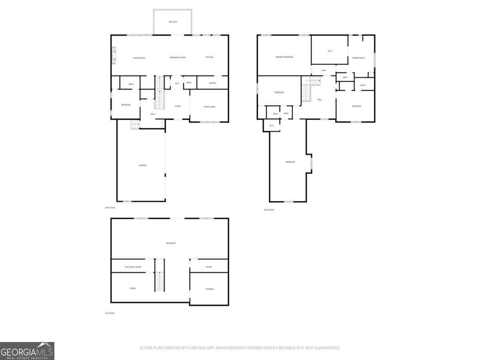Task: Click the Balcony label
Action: point(173,22)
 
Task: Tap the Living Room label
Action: point(139,58)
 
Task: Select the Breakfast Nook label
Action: point(178,58)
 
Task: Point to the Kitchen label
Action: point(209,57)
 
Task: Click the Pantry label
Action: point(212,83)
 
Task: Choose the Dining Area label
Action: point(210,107)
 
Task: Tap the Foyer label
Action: point(178,106)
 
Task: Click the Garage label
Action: point(142,165)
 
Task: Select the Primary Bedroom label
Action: point(284,57)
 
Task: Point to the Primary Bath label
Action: point(358,58)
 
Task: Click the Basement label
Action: point(171,243)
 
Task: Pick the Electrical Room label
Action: point(133,267)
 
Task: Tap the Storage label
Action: point(210,289)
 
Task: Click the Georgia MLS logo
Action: point(27,351)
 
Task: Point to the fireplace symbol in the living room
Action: point(114,55)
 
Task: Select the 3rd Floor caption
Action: point(269,210)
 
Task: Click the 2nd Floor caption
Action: point(110,208)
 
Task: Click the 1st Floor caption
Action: point(109,313)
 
